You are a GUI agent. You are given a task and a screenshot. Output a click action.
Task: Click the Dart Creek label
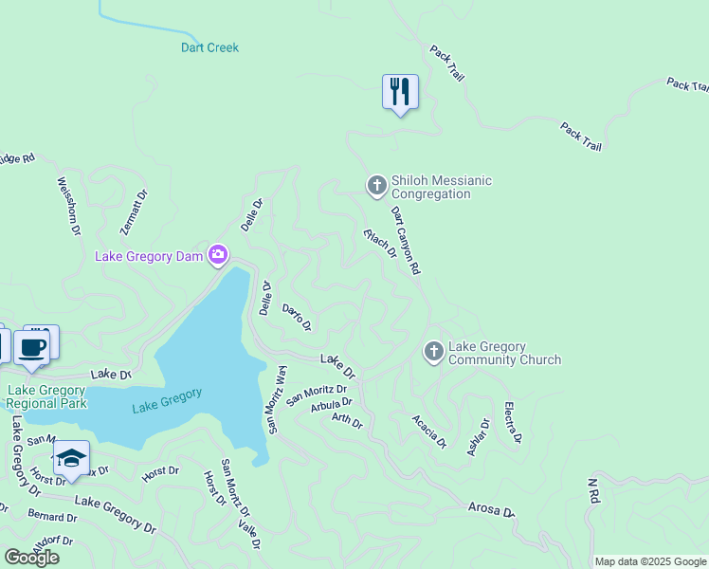pos(209,47)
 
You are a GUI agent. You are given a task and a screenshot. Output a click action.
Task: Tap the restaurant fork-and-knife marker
pos(400,92)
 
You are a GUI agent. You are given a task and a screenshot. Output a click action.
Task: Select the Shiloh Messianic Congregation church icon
pos(376,184)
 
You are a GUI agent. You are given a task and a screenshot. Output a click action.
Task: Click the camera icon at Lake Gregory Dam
pos(219,254)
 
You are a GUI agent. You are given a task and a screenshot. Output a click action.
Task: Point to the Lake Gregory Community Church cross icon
pos(433,353)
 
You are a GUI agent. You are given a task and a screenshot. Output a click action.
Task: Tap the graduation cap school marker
pos(71,459)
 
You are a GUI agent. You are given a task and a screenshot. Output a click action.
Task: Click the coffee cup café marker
pos(32,347)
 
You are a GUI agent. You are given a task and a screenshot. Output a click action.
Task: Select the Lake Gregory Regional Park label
pos(47,396)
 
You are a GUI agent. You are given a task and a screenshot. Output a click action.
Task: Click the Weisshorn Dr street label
pos(69,207)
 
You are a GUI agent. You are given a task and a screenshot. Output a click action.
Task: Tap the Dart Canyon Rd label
pos(406,241)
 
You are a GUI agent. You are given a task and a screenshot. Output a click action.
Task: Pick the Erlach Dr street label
pos(379,244)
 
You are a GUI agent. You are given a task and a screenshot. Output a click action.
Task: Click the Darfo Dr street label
pos(297,316)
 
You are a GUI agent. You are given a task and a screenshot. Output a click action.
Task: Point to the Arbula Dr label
pos(331,405)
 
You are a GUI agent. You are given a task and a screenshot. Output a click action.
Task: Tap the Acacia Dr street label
pos(429,431)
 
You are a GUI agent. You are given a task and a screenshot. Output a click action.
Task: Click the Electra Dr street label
pos(513,423)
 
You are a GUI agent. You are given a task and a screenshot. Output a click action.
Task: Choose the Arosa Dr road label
pos(491,509)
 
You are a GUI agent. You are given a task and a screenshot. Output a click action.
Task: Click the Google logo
pos(31,558)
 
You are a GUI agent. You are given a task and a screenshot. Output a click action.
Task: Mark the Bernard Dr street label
pos(52,517)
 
